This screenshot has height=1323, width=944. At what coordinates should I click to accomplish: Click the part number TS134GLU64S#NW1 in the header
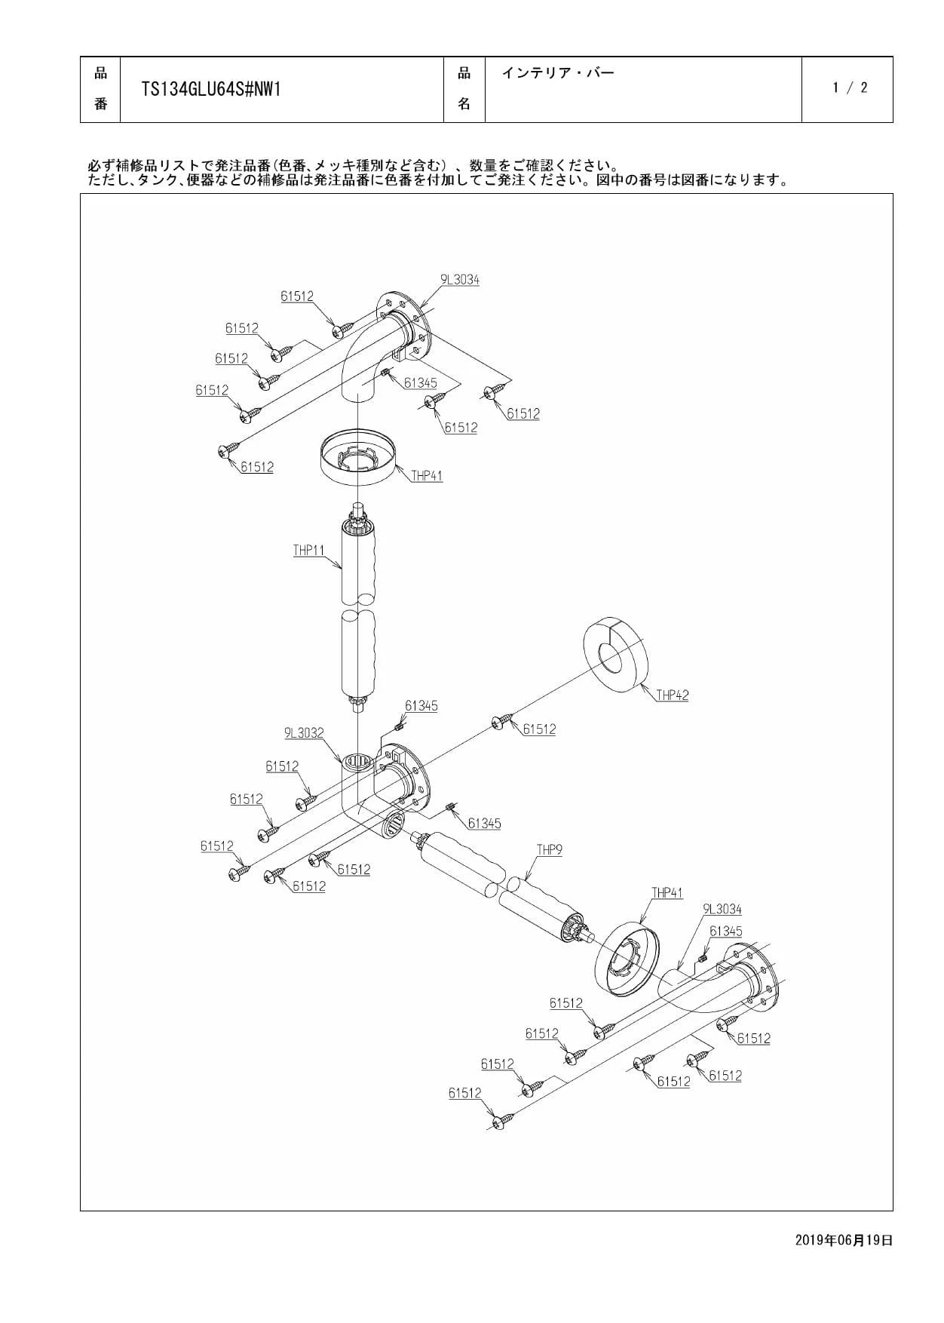[x=211, y=90]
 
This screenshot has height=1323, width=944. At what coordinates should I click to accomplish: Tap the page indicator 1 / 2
[x=850, y=87]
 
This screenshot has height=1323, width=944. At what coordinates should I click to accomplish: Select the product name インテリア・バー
[x=558, y=73]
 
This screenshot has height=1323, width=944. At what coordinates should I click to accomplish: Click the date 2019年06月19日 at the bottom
[x=844, y=1240]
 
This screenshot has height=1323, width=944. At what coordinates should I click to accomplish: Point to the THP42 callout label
[x=672, y=695]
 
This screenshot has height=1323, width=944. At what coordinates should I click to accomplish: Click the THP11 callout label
[x=308, y=551]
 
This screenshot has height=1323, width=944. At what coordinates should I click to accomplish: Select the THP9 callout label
[x=550, y=850]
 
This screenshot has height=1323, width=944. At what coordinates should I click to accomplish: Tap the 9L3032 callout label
[x=304, y=733]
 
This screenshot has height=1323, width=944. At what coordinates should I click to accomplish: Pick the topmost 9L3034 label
[x=460, y=280]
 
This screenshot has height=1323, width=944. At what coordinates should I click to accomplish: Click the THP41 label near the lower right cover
[x=667, y=893]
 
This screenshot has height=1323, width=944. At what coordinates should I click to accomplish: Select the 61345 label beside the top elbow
[x=420, y=383]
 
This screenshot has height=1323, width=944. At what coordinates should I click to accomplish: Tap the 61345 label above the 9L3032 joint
[x=421, y=706]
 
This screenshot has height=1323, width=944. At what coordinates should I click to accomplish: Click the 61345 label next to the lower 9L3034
[x=726, y=932]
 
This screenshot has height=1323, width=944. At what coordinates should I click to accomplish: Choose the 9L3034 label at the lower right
[x=722, y=910]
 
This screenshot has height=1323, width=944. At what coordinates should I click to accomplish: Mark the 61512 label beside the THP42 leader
[x=539, y=729]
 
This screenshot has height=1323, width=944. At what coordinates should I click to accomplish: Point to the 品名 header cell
[x=464, y=89]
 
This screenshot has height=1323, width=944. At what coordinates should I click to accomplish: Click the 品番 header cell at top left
[x=100, y=89]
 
